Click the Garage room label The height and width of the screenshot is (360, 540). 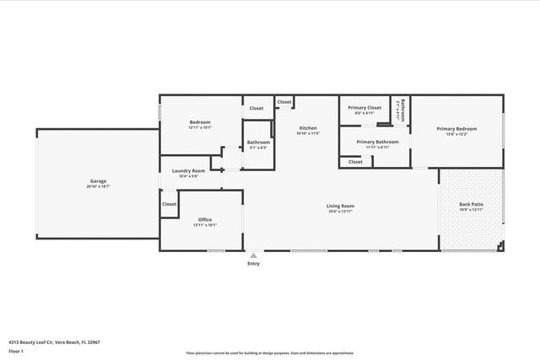pyautogui.click(x=98, y=181)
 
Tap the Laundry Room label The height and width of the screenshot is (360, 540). pyautogui.click(x=188, y=171)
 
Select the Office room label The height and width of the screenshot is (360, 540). pyautogui.click(x=205, y=220)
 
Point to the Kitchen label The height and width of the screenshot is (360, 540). pyautogui.click(x=307, y=128)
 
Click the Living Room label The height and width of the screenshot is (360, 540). pyautogui.click(x=340, y=206)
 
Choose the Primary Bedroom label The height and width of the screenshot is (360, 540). pyautogui.click(x=456, y=128)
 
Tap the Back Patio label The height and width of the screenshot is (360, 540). pyautogui.click(x=471, y=205)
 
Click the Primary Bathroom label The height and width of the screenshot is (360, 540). pyautogui.click(x=376, y=142)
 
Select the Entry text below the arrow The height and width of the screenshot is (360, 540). pyautogui.click(x=253, y=264)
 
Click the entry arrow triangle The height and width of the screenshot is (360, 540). pyautogui.click(x=253, y=255)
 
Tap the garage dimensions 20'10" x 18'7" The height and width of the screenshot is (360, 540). pyautogui.click(x=98, y=186)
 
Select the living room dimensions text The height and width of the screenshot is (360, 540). pyautogui.click(x=340, y=211)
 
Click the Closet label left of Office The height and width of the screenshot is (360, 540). pyautogui.click(x=170, y=204)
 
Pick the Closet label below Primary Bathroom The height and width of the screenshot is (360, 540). pyautogui.click(x=355, y=162)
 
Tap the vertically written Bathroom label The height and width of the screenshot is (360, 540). pyautogui.click(x=403, y=110)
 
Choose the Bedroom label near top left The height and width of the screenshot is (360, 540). pyautogui.click(x=200, y=123)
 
